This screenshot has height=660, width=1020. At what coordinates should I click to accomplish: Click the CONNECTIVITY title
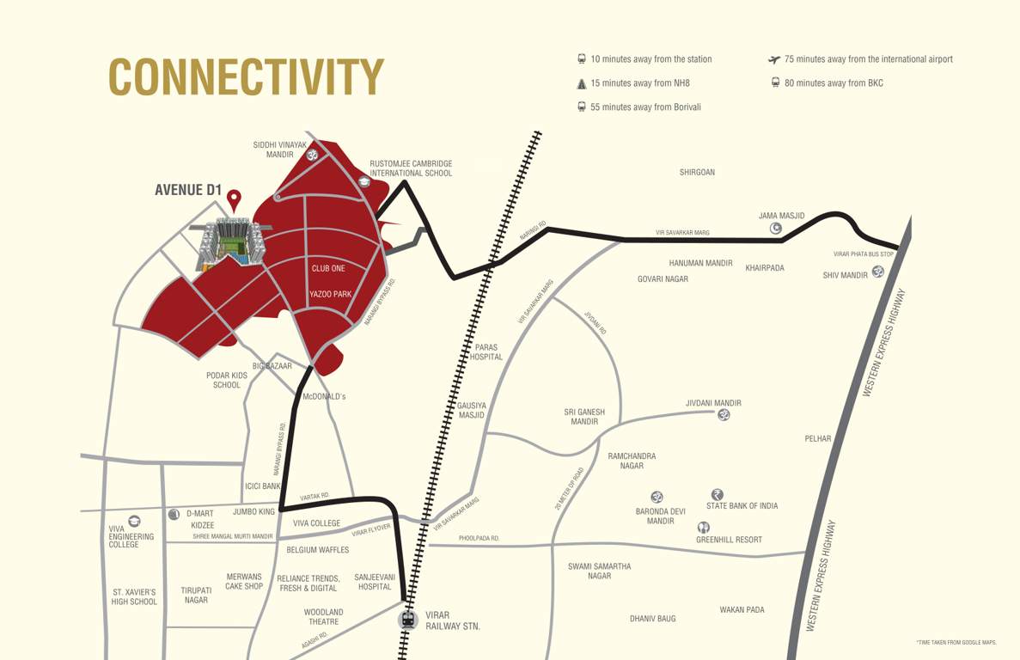coord(246,77)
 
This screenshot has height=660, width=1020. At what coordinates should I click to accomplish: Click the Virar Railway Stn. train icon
coord(408,619)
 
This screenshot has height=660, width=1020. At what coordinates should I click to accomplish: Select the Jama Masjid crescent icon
coord(776,228)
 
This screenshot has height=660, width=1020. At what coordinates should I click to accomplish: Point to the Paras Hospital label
coord(486,352)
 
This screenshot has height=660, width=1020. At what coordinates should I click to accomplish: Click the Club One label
coord(328,269)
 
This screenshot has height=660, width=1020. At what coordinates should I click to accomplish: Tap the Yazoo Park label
coord(330,295)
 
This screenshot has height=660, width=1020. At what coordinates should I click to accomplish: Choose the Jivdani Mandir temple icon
coord(724,415)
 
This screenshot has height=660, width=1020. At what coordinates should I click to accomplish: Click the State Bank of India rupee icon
coord(717,494)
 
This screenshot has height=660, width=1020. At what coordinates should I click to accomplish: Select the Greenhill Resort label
coord(729,540)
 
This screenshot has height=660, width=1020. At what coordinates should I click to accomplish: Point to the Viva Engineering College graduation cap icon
coord(134,521)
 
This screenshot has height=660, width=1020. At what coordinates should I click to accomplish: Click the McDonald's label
coord(324,397)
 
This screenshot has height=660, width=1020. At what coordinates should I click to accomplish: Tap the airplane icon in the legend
coord(773,59)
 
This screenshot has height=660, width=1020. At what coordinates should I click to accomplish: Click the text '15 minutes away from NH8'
coord(639,83)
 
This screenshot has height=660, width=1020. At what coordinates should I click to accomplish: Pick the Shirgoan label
coord(697,173)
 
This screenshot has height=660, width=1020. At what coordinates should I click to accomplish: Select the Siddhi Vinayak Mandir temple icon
coord(313,155)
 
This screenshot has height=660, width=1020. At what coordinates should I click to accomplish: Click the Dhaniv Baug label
coord(652,619)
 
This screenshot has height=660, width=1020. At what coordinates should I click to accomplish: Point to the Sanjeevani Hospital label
coord(374,582)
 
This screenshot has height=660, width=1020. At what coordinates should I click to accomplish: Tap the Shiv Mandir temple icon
coord(877,272)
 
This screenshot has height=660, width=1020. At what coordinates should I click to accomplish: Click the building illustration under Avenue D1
coord(230,242)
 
